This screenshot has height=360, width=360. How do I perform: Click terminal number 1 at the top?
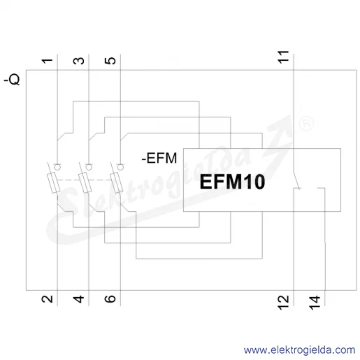coord(48,61)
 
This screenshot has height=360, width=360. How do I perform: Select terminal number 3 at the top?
coord(79,61)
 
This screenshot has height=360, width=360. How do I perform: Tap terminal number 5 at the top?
coord(110,61)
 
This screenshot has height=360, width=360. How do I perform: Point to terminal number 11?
coord(283,57)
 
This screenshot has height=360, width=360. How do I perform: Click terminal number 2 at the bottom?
coord(48,298)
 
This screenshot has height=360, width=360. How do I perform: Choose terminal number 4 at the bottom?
coord(79,298)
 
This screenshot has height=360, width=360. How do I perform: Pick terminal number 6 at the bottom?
coord(110,298)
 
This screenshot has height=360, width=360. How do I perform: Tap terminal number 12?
coord(283,303)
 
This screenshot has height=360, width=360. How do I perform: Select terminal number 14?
coord(315,303)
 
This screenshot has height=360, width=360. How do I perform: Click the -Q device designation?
coord(12,80)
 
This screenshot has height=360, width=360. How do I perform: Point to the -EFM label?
coord(159,158)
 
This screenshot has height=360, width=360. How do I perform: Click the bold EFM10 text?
coord(232,182)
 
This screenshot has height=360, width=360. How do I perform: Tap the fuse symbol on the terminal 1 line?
coord(54,183)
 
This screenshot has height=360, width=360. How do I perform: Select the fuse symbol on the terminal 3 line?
coord(85,183)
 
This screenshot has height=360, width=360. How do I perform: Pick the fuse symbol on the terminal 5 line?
coord(117,183)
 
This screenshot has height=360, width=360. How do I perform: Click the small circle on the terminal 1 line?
coord(57,167)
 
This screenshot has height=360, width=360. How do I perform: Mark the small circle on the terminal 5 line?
coord(120,167)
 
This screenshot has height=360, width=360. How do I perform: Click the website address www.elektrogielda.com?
coord(299,350)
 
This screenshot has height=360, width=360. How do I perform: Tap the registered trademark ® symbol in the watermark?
coord(306,124)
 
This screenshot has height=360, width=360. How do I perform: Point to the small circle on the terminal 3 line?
coord(89,167)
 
